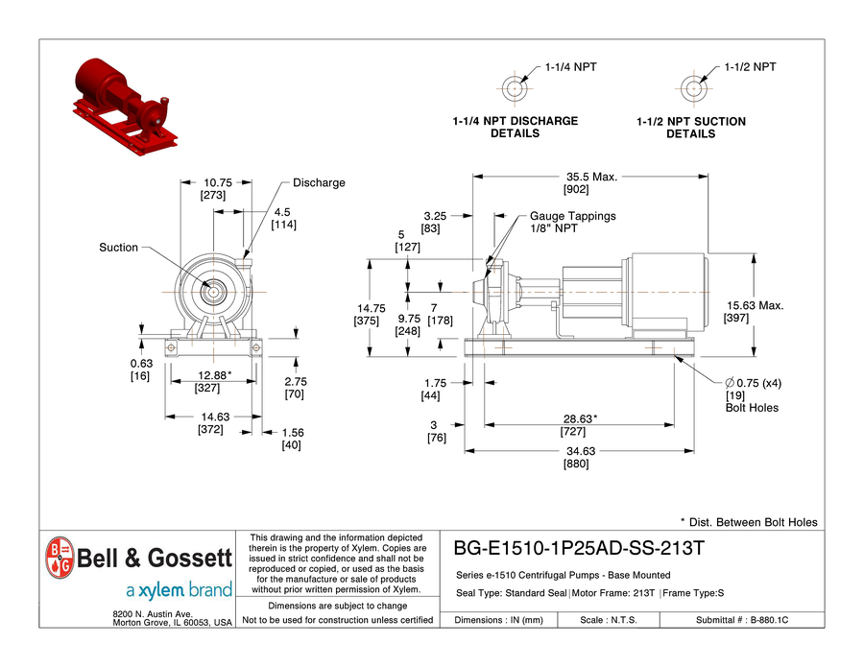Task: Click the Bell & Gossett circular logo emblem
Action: (x=60, y=557)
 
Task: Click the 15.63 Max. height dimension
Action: (x=755, y=306)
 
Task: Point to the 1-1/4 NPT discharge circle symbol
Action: (x=515, y=87)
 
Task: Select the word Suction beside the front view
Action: (x=119, y=248)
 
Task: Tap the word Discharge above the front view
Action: (x=319, y=183)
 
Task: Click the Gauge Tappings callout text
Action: (x=572, y=217)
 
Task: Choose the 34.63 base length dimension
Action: (x=576, y=451)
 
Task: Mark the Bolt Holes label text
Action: (x=752, y=408)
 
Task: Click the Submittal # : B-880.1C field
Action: (x=741, y=621)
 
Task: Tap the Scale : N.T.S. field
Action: (x=609, y=621)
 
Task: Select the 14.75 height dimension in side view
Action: (x=371, y=308)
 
